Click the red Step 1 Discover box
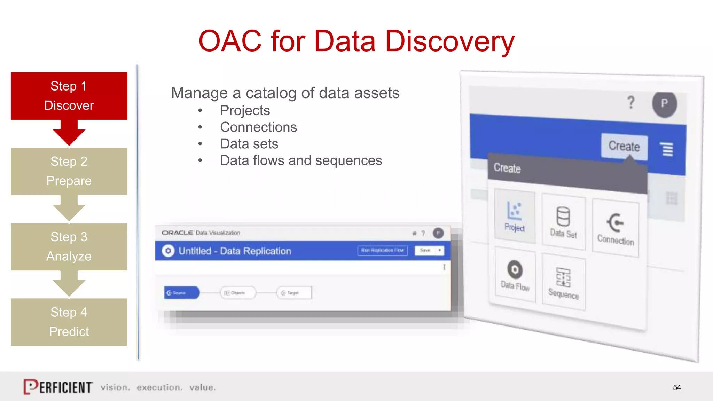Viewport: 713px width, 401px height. tap(69, 96)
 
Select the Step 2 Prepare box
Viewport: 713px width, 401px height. tap(69, 171)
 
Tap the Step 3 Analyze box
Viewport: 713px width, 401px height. tap(69, 246)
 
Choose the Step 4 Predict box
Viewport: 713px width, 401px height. tap(69, 322)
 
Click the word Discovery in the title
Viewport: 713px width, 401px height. tap(449, 41)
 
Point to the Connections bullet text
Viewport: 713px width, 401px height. tap(258, 127)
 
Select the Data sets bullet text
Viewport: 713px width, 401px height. tap(249, 144)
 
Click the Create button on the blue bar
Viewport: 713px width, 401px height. tap(624, 146)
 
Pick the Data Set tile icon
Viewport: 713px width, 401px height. tap(563, 217)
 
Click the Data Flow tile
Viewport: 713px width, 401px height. tap(515, 275)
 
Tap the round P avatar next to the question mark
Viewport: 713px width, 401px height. tap(664, 104)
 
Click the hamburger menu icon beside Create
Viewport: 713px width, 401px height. tap(667, 149)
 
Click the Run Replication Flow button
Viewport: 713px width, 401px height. tap(382, 250)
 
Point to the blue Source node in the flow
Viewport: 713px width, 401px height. tap(181, 293)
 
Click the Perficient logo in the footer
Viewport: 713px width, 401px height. tap(58, 387)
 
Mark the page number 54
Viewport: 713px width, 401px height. tap(677, 387)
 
